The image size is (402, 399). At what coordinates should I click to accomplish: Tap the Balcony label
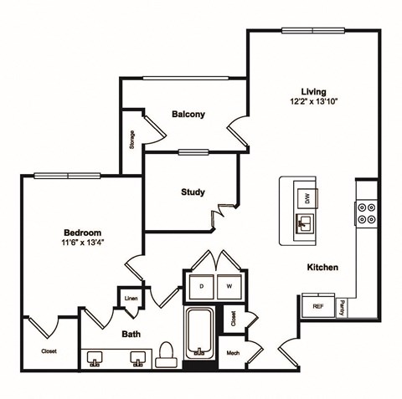[x=188, y=114]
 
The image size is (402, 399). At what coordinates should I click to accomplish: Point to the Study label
[x=193, y=192]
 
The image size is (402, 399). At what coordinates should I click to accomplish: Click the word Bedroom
[x=82, y=233]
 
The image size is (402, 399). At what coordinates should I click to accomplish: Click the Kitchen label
[x=322, y=268]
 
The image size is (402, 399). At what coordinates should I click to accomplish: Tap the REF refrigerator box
[x=318, y=307]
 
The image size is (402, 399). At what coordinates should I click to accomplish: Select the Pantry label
[x=343, y=307]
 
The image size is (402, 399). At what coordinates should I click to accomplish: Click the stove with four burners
[x=366, y=212]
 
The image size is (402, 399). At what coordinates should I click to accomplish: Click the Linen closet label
[x=131, y=298]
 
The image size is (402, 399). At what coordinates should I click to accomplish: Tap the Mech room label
[x=232, y=353]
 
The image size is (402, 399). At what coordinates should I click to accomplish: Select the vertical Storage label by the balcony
[x=132, y=141]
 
